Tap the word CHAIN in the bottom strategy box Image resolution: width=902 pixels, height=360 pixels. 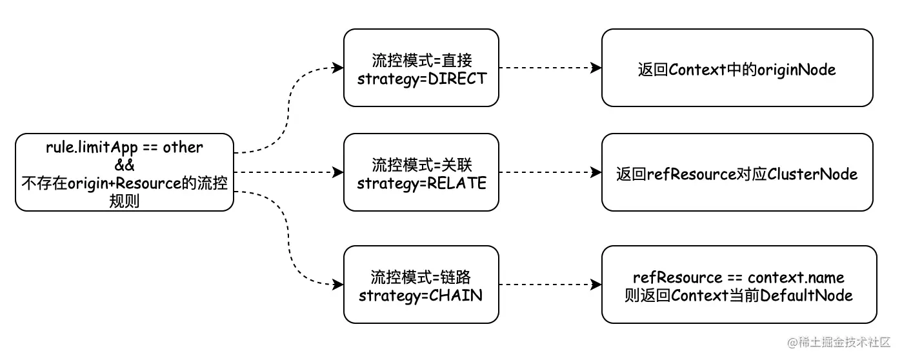(x=456, y=295)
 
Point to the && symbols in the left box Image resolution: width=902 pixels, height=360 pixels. (x=124, y=165)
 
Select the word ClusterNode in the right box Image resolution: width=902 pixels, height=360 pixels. (x=812, y=174)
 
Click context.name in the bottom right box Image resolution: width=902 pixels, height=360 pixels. (x=796, y=277)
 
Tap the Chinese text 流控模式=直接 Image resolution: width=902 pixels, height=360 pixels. (x=421, y=61)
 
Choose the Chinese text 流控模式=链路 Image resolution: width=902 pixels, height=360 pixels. (x=421, y=277)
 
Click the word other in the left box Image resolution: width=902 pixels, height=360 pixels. (x=183, y=147)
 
